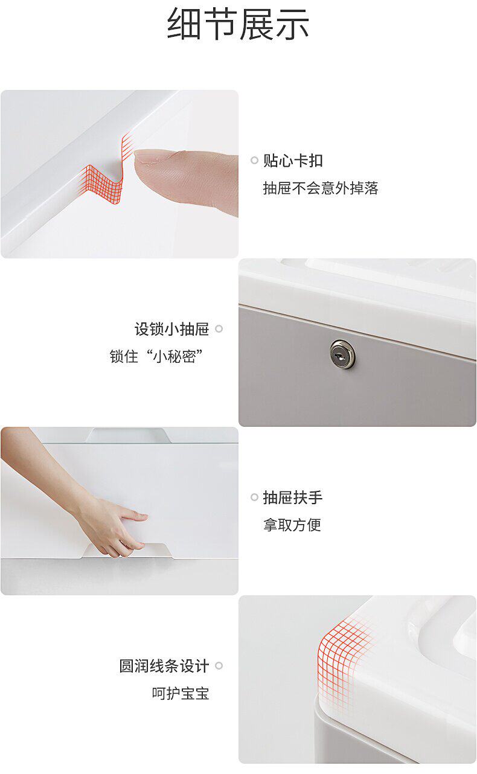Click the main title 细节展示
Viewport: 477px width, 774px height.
coord(238,24)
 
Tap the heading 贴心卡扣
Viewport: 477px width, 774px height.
coord(293,161)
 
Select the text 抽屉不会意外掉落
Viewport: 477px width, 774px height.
coord(321,188)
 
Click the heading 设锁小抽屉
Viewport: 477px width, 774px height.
coord(172,329)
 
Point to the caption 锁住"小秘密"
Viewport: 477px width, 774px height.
coord(156,356)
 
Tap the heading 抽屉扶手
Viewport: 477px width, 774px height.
coord(293,497)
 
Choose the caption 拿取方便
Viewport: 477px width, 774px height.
coord(292,525)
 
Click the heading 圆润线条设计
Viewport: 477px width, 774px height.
coord(164,666)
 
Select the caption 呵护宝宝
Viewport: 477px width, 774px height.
coord(181,693)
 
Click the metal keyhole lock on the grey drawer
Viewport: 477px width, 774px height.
coord(342,354)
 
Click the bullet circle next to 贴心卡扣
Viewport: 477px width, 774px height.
coord(254,161)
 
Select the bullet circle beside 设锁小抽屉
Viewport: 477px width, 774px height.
coord(219,328)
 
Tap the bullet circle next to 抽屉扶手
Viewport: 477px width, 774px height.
coord(254,497)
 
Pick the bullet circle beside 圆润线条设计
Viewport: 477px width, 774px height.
coord(219,665)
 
